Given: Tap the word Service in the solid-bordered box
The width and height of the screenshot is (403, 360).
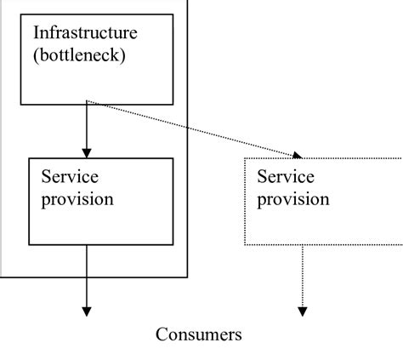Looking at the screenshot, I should point(71,177).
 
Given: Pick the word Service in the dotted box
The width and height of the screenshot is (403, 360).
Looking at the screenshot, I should point(286,177).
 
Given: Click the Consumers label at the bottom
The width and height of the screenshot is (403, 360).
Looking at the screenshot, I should point(198,334).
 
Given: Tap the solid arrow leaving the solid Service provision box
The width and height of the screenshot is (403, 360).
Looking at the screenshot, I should point(86,277).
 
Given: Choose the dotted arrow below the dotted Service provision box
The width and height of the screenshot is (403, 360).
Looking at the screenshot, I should point(302,277).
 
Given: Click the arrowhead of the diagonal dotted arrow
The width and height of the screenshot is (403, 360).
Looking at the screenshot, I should point(298,156).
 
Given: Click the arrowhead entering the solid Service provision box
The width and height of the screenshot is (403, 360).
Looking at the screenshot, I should point(86,152).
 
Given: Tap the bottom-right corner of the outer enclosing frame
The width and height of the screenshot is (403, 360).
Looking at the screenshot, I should point(187,277).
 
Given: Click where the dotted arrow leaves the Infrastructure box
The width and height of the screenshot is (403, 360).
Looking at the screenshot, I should point(88,104).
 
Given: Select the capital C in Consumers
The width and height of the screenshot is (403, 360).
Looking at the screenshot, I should point(162,334).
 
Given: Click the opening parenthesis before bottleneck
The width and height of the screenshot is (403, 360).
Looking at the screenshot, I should point(37,56).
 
